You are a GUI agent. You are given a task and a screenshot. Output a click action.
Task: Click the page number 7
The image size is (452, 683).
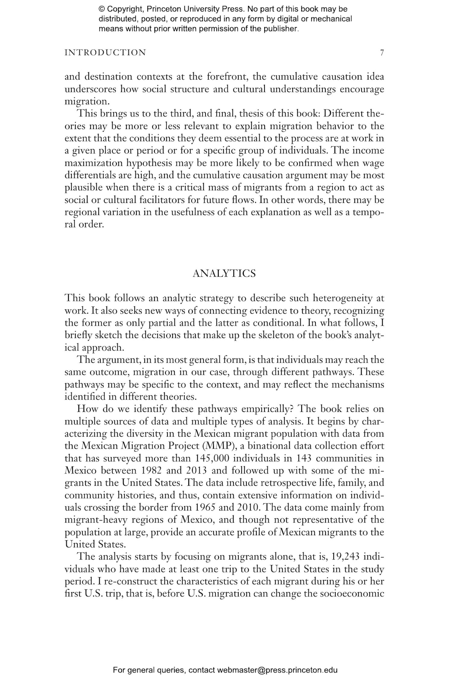pyautogui.click(x=382, y=53)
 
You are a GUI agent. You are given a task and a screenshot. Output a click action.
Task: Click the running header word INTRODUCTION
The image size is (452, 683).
pyautogui.click(x=105, y=53)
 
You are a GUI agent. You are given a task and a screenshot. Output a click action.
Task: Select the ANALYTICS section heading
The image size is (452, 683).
pyautogui.click(x=224, y=274)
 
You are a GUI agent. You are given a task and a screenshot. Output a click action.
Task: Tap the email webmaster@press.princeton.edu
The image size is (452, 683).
pyautogui.click(x=277, y=670)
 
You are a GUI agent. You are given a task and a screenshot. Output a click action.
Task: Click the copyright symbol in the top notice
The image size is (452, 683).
pyautogui.click(x=101, y=9)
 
